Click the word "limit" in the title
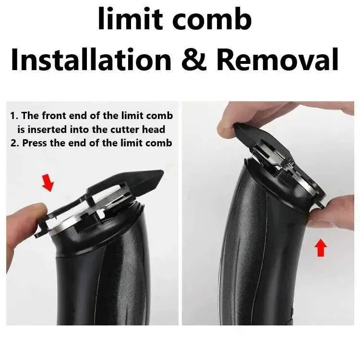point(131,18)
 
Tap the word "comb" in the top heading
point(212,18)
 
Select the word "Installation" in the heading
point(91,59)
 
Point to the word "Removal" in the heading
point(277,59)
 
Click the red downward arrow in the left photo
point(48,182)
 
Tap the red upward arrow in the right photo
point(321,248)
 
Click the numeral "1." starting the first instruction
point(14,116)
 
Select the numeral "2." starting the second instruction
point(15,143)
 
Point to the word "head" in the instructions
point(154,130)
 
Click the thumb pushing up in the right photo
point(333,214)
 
